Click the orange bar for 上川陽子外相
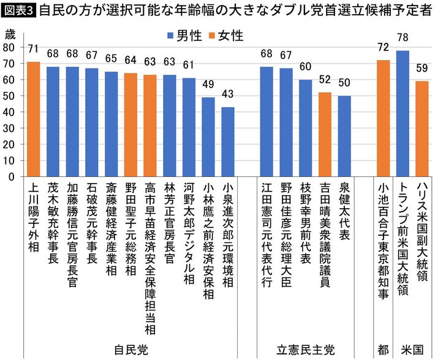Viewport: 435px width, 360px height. point(34,119)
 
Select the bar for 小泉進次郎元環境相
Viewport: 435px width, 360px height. point(228,141)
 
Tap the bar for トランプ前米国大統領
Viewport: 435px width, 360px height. point(403,113)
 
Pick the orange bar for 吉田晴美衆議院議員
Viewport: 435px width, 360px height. point(325,134)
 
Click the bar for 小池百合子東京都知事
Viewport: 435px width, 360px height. point(384,118)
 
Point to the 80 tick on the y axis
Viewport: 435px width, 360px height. point(9,47)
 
